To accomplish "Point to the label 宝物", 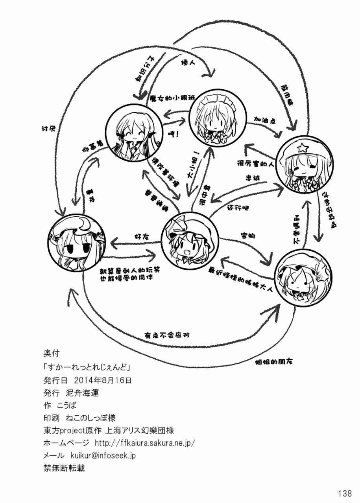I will [x=248, y=236].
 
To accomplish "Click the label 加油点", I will [x=264, y=118].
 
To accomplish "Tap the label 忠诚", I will [x=253, y=178].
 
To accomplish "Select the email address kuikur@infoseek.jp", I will [x=103, y=455].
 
